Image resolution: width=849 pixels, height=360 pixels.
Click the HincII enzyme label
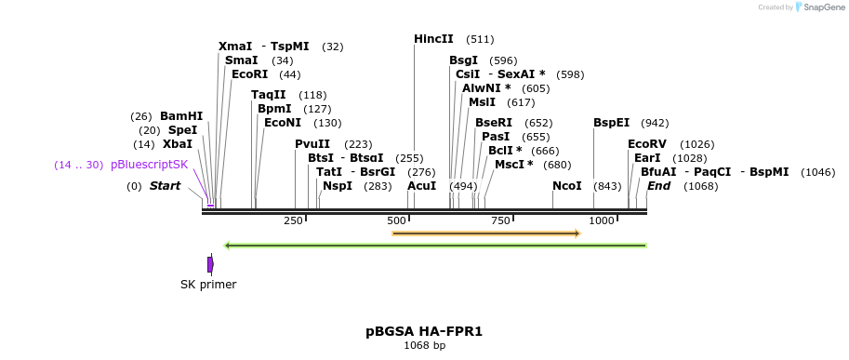pyautogui.click(x=433, y=39)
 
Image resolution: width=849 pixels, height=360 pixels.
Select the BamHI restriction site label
pyautogui.click(x=180, y=116)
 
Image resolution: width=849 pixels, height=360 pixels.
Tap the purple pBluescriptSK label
pyautogui.click(x=149, y=165)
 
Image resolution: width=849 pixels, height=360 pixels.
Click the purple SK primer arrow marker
pyautogui.click(x=210, y=265)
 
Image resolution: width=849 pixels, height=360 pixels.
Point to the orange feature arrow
pyautogui.click(x=486, y=233)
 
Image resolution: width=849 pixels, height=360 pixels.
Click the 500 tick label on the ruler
pyautogui.click(x=396, y=220)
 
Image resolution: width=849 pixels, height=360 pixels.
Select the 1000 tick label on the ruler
pyautogui.click(x=602, y=220)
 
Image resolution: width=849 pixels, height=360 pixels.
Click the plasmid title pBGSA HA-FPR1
pyautogui.click(x=424, y=331)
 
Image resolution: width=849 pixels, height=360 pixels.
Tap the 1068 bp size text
pyautogui.click(x=424, y=346)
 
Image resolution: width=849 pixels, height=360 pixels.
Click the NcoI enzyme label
pyautogui.click(x=566, y=186)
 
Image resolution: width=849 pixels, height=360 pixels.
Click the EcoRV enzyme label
pyautogui.click(x=646, y=144)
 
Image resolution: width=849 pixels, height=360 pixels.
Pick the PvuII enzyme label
pyautogui.click(x=312, y=144)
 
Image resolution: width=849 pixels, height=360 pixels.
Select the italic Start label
pyautogui.click(x=165, y=186)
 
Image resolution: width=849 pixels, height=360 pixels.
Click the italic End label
pyautogui.click(x=658, y=186)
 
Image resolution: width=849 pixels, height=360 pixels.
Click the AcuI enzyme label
pyautogui.click(x=421, y=186)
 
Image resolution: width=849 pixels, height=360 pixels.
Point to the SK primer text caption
pyautogui.click(x=208, y=285)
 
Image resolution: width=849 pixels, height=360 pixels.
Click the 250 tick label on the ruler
pyautogui.click(x=293, y=220)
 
